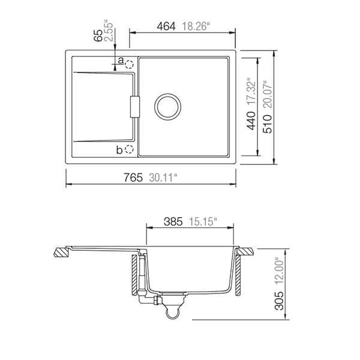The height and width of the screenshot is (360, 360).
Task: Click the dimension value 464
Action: click(x=166, y=26)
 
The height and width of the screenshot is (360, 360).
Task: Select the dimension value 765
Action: click(x=133, y=178)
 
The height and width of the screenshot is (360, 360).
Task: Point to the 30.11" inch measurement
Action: click(x=163, y=178)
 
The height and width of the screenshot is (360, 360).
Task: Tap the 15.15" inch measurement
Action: click(x=203, y=221)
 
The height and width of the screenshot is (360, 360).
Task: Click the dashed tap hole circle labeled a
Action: click(x=130, y=62)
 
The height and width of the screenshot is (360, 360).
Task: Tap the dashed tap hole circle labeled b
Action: click(x=130, y=149)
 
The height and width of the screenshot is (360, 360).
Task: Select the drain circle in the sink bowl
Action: click(x=167, y=106)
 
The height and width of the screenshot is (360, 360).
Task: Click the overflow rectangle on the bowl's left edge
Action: click(x=134, y=106)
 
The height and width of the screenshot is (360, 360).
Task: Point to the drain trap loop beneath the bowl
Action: click(x=172, y=310)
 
